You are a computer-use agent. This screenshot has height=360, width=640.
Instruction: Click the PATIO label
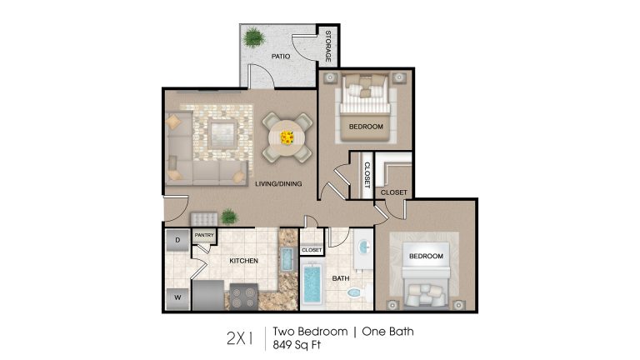(x=281, y=57)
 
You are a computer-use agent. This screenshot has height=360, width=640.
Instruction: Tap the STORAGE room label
(x=328, y=46)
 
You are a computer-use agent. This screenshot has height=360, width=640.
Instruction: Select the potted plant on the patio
(x=254, y=37)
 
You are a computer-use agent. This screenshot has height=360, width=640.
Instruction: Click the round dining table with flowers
(x=287, y=137)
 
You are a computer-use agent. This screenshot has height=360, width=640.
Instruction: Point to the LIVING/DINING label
(x=278, y=183)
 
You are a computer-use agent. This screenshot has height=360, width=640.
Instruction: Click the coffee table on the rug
(x=222, y=134)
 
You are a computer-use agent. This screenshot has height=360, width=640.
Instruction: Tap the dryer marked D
(x=177, y=240)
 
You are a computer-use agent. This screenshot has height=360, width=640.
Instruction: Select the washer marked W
(x=177, y=298)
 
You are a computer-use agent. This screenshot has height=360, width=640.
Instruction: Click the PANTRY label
(x=204, y=235)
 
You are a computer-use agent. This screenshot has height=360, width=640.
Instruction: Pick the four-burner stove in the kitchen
(x=243, y=297)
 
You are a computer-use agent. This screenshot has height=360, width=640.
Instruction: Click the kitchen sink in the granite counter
(x=287, y=259)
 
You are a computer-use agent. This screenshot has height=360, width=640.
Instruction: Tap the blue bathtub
(x=312, y=284)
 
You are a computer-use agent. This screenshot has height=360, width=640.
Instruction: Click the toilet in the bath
(x=357, y=292)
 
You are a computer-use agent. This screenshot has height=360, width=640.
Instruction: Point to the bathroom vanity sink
(x=363, y=247)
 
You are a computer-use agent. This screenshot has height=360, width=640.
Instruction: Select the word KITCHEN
(x=243, y=261)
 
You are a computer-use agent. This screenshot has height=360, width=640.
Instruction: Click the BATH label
(x=341, y=278)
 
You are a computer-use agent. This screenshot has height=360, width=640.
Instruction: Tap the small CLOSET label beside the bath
(x=312, y=250)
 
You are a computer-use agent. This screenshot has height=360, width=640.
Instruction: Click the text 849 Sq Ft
(x=297, y=345)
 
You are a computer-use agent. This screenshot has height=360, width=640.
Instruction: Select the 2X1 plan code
(x=240, y=338)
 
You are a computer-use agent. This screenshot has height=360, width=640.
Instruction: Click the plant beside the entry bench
(x=229, y=217)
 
